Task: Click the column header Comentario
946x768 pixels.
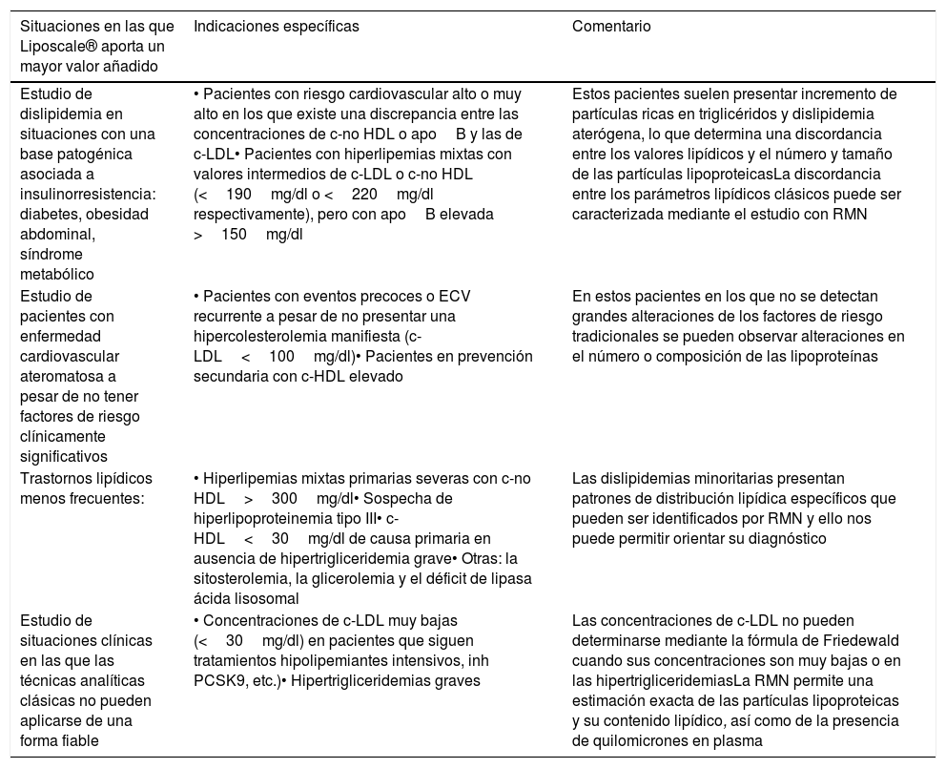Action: click(x=611, y=27)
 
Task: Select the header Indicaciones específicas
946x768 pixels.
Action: click(x=276, y=27)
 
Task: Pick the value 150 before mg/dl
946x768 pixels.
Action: click(x=234, y=235)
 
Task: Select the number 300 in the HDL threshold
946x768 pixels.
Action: click(x=284, y=498)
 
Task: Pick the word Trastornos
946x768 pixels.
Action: click(x=55, y=478)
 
